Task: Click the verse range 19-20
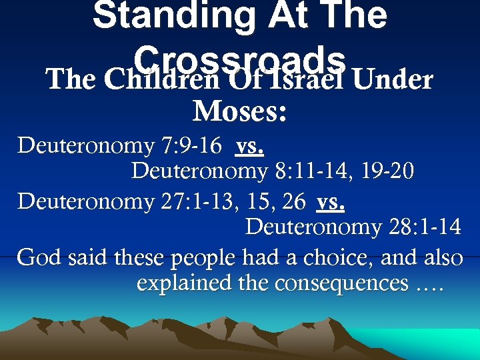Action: [x=389, y=171]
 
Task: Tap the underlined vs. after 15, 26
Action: [x=331, y=201]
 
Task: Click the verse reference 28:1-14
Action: [x=423, y=227]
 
